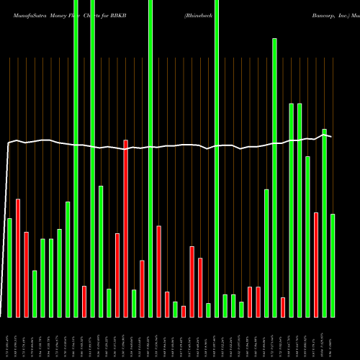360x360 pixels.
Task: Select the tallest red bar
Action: point(126,228)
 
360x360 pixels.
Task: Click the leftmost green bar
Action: point(10,267)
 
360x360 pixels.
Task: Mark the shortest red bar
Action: point(184,311)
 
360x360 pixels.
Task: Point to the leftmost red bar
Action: point(18,258)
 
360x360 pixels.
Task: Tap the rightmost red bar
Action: point(316,264)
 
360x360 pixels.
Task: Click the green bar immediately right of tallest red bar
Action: point(134,303)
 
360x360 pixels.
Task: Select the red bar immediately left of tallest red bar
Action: point(117,275)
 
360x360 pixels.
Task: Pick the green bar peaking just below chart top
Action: point(274,177)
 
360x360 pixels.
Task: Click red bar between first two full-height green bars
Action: point(84,301)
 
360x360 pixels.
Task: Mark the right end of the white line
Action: point(331,136)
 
